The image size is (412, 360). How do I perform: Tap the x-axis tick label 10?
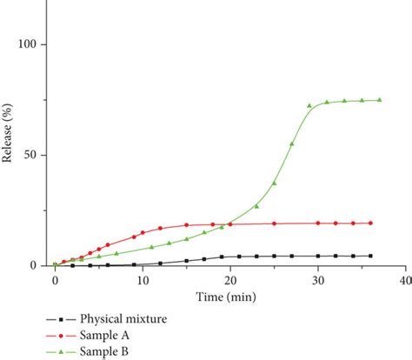click(x=143, y=281)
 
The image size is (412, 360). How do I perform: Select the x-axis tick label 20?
click(x=230, y=281)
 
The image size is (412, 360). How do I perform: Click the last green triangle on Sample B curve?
click(x=379, y=100)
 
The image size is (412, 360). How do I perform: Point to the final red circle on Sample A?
click(x=370, y=223)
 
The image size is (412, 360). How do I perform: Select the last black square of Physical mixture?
click(x=370, y=256)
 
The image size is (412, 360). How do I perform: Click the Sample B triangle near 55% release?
click(x=291, y=143)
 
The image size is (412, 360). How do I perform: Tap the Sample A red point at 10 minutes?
click(x=143, y=233)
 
